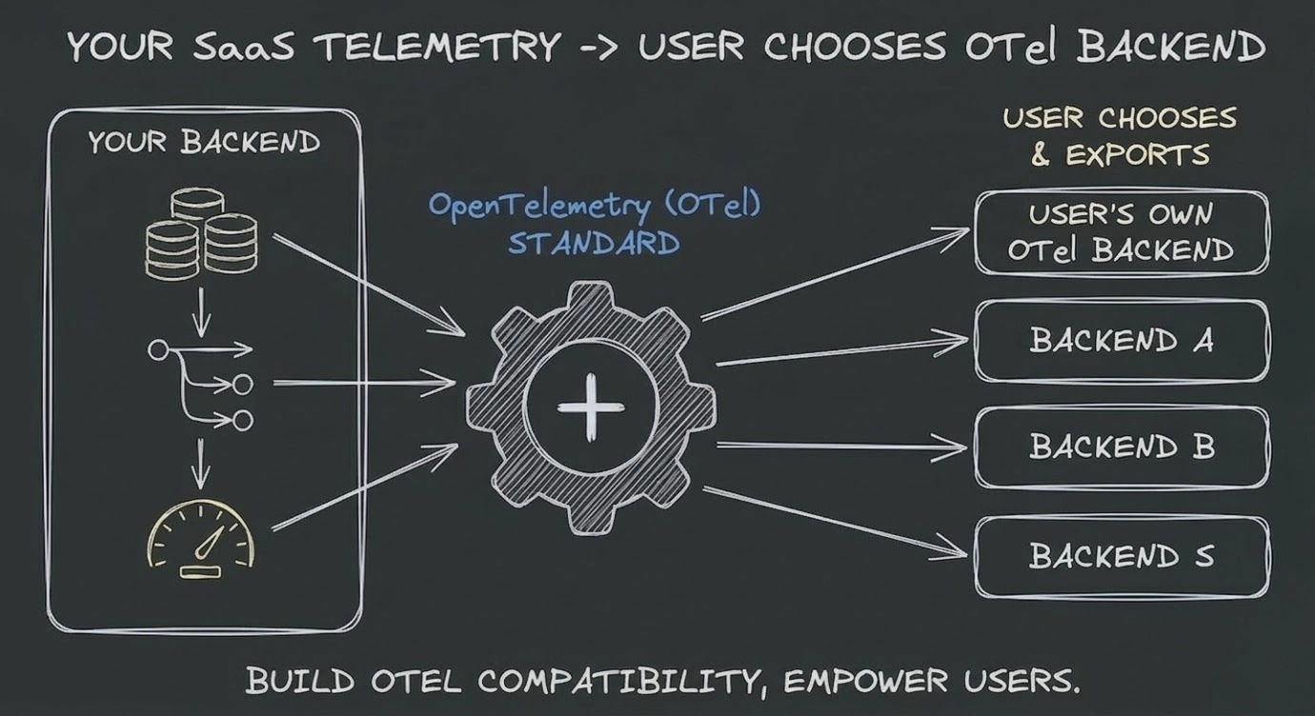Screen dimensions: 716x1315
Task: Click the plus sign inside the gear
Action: (x=590, y=407)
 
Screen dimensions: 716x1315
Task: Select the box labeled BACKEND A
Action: (x=1121, y=341)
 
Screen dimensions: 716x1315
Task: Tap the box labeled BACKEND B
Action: (x=1121, y=447)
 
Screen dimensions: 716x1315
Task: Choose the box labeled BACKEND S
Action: (x=1121, y=556)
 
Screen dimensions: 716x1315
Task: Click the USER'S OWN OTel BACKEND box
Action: (x=1121, y=232)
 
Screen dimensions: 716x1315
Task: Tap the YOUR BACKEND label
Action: (x=204, y=143)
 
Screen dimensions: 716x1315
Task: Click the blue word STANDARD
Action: (x=594, y=243)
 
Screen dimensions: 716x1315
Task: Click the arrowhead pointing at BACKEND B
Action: (x=958, y=447)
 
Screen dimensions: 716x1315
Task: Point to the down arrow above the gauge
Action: (x=201, y=467)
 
